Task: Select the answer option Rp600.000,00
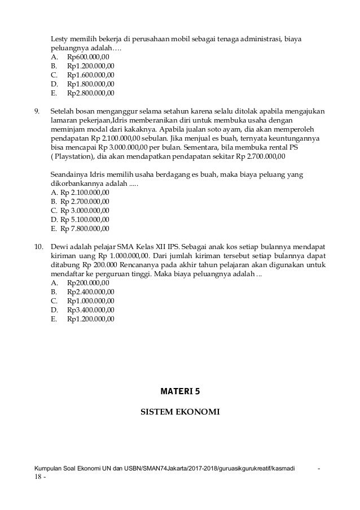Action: coord(90,56)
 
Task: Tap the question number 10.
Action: coord(39,247)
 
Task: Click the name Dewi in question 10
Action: coord(59,247)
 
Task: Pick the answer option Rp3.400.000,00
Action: coord(91,310)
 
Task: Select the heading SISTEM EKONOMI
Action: coord(180,412)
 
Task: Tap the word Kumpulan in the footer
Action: coord(47,469)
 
